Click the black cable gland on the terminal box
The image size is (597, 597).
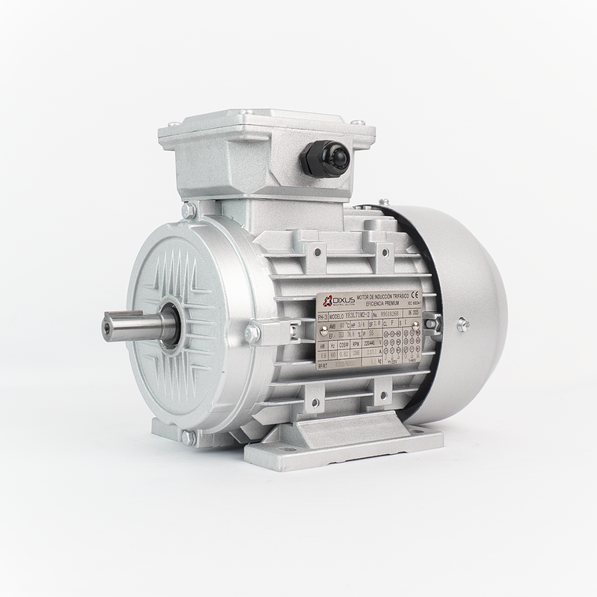(x=324, y=158)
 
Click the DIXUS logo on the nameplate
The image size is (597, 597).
(x=334, y=301)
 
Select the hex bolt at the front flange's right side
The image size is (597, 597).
(x=252, y=334)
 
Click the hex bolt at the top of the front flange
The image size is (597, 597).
(x=189, y=211)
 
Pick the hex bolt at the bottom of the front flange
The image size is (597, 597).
(x=189, y=437)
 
